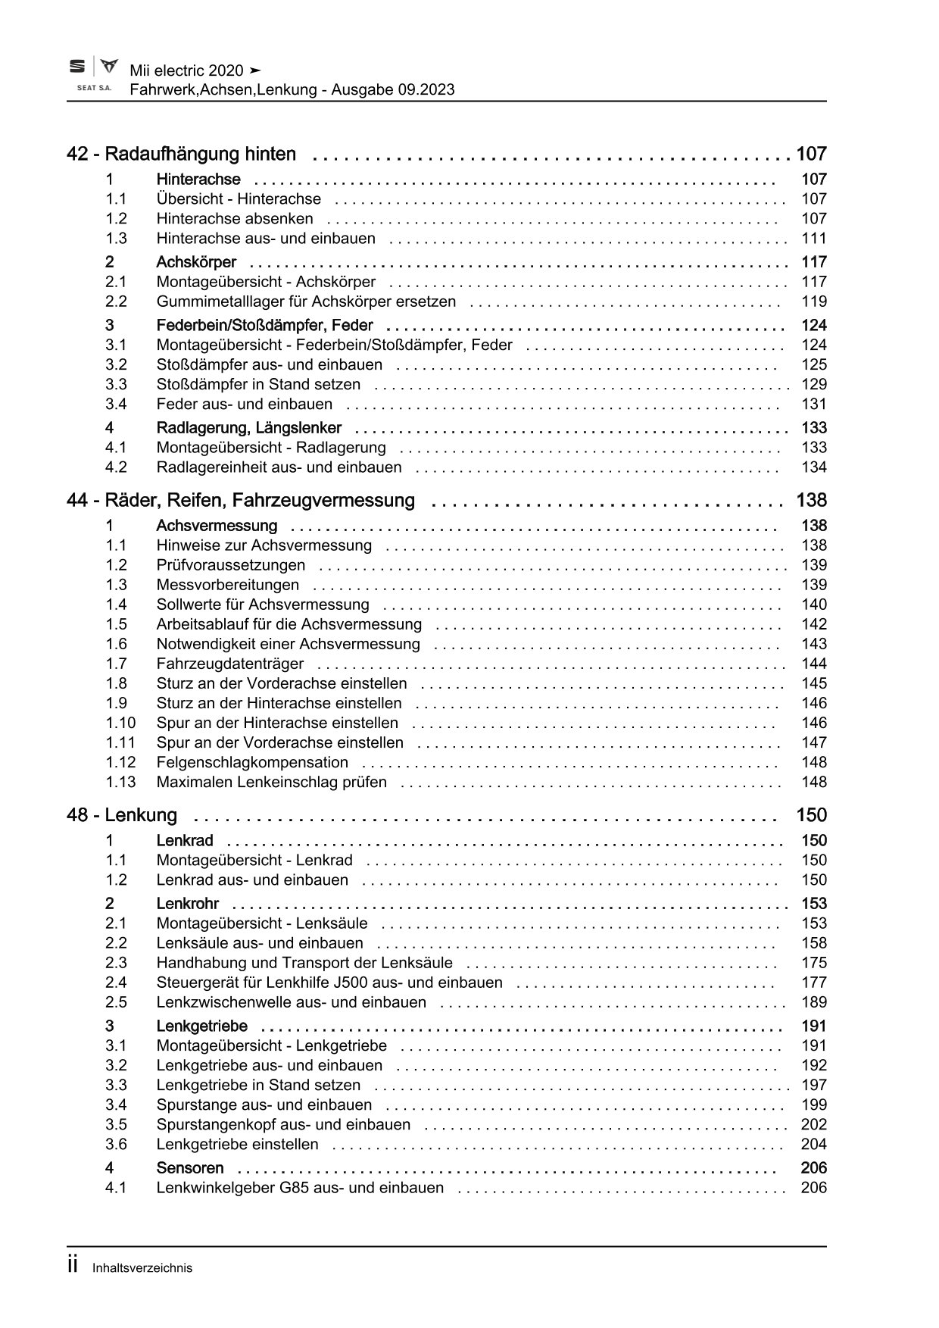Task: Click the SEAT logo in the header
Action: point(77,67)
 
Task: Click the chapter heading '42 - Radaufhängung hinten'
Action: point(182,155)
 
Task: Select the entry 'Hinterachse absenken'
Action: point(235,219)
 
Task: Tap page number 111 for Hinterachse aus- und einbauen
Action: point(814,239)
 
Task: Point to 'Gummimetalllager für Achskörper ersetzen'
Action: point(306,302)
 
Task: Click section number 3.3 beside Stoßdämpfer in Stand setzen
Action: point(116,385)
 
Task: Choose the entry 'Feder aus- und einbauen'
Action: point(244,405)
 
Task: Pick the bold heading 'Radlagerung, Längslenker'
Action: point(248,428)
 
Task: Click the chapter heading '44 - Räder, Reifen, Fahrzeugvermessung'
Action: point(241,501)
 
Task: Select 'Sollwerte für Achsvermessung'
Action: point(263,605)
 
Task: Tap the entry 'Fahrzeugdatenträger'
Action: point(230,664)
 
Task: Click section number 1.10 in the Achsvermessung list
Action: point(120,723)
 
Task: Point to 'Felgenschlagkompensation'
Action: point(252,762)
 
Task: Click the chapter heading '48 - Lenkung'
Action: point(122,816)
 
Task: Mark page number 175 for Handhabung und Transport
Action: point(814,963)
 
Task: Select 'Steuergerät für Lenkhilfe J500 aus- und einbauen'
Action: point(329,983)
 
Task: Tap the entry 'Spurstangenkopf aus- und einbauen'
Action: point(283,1125)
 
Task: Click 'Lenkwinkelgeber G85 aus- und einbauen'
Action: point(300,1188)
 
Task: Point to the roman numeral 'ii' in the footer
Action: point(73,1266)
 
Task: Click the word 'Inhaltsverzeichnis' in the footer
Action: point(142,1268)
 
